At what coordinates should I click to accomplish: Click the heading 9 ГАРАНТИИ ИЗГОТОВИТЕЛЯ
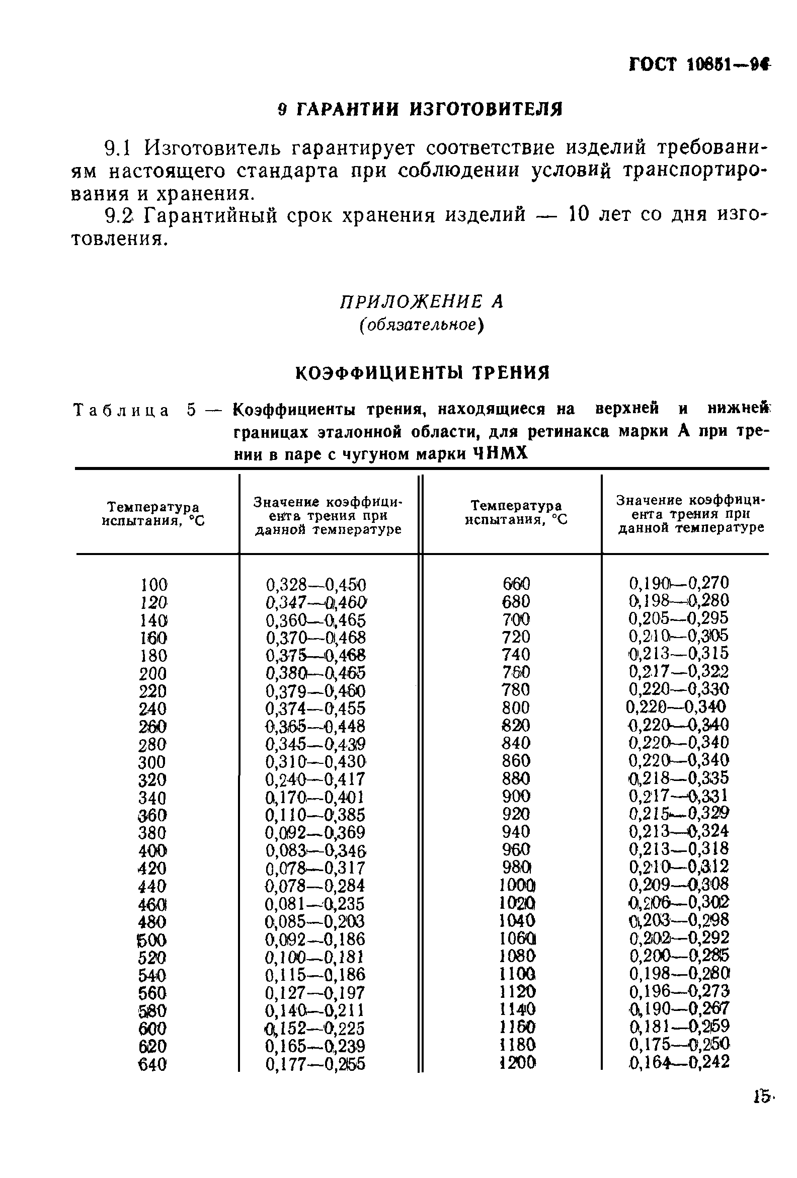(420, 109)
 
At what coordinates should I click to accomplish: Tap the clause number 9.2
(119, 216)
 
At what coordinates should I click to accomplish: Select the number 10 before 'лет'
(578, 215)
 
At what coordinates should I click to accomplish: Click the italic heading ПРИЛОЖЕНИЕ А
(421, 302)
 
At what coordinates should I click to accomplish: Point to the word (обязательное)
(421, 325)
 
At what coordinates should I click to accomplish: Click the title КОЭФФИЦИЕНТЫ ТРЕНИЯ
(422, 373)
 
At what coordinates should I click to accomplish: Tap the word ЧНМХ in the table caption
(500, 454)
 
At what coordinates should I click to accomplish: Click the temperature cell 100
(153, 585)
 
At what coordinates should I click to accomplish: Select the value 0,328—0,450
(315, 585)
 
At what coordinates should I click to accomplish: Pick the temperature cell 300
(152, 762)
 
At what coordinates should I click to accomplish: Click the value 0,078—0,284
(315, 886)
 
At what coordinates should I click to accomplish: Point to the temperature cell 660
(516, 584)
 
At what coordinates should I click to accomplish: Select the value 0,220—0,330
(678, 689)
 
